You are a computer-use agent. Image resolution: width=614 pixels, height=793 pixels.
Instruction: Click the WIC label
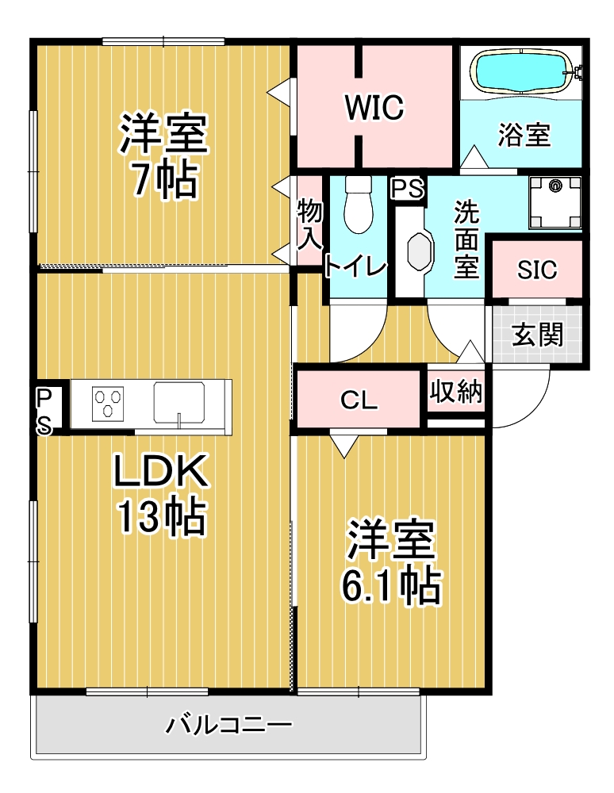[x=374, y=107]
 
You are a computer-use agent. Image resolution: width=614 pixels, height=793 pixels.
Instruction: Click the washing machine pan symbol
[x=555, y=202]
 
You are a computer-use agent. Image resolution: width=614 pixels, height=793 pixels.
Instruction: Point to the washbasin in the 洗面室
[x=420, y=251]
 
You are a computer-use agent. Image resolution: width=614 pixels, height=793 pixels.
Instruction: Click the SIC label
[x=536, y=270]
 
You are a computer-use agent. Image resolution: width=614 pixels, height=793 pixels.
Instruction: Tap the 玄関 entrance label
[x=537, y=335]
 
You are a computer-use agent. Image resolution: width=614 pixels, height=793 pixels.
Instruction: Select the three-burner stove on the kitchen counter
[x=108, y=404]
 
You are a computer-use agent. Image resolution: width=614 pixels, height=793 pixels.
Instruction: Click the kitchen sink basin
[x=179, y=403]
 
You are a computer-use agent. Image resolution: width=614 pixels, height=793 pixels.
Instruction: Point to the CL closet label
[x=359, y=400]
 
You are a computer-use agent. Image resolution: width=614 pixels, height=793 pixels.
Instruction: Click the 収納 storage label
[x=456, y=391]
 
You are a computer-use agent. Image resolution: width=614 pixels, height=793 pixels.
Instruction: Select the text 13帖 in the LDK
[x=161, y=517]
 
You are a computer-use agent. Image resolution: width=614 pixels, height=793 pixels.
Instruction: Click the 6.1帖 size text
[x=391, y=586]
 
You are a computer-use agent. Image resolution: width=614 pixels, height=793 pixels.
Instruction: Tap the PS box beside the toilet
[x=407, y=190]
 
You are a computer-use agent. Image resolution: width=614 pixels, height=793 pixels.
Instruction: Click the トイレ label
[x=355, y=266]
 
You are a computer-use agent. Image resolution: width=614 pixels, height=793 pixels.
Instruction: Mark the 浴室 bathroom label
[x=524, y=135]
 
